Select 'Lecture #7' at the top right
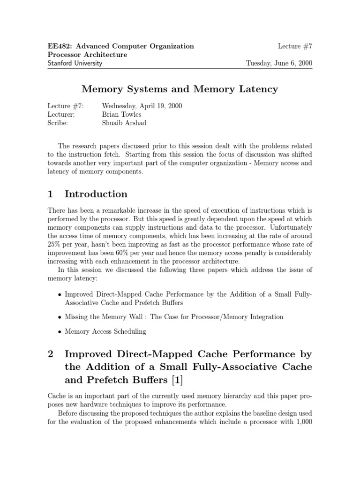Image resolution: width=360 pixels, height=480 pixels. pyautogui.click(x=295, y=46)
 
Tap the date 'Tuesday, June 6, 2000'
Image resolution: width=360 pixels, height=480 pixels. pyautogui.click(x=279, y=63)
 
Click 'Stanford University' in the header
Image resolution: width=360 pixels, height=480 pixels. pyautogui.click(x=75, y=63)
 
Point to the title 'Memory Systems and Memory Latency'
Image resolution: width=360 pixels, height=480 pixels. pyautogui.click(x=180, y=89)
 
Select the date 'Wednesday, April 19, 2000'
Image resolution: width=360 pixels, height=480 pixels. pyautogui.click(x=142, y=106)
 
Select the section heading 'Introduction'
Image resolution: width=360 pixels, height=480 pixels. pyautogui.click(x=96, y=194)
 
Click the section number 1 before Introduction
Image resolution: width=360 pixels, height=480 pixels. pyautogui.click(x=51, y=194)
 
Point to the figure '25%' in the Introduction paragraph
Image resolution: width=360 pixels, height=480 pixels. pyautogui.click(x=55, y=244)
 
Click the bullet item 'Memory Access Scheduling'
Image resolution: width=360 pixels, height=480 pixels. pyautogui.click(x=105, y=331)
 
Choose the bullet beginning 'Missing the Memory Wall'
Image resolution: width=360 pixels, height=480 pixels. pyautogui.click(x=174, y=317)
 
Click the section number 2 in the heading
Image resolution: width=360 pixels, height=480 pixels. pyautogui.click(x=51, y=354)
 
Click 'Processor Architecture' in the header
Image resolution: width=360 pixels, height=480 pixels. pyautogui.click(x=88, y=54)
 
